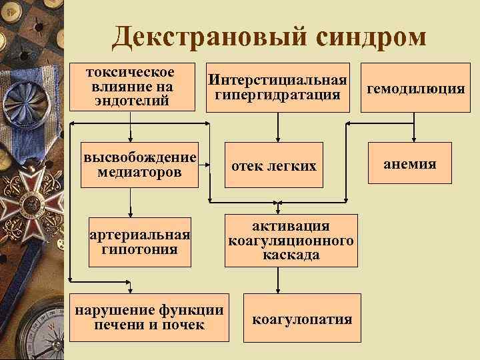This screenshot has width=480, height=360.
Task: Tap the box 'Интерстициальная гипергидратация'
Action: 277,87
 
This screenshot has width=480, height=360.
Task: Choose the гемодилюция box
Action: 415,88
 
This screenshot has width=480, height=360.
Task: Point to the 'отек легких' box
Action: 273,165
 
